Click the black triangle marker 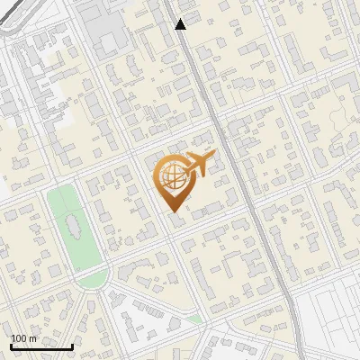(x=181, y=24)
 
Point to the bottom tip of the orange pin (x=172, y=212)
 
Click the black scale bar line (x=41, y=346)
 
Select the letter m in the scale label (x=32, y=338)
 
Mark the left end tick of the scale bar (x=11, y=345)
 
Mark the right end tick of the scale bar (x=72, y=345)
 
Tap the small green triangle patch (x=194, y=319)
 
